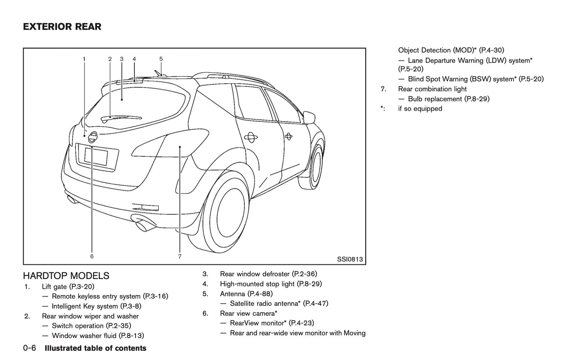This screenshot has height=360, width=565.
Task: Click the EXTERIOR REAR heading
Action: pos(62,27)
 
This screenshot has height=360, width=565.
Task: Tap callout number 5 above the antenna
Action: pos(161,59)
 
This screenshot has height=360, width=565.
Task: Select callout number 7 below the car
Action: pos(180,257)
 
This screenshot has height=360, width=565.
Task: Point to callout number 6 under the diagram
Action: pos(92,257)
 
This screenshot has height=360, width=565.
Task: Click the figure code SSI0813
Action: pos(350,259)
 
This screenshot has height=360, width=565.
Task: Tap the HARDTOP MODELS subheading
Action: pos(66,276)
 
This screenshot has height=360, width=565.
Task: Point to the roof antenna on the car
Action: pos(158,72)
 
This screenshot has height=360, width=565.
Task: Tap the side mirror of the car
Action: pos(309,117)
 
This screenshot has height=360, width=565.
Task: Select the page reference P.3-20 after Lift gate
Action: pos(82,287)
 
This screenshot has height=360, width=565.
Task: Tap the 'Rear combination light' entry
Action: pos(432,89)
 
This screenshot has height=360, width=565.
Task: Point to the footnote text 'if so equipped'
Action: pos(420,109)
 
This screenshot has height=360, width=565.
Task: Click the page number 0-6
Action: pos(30,348)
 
